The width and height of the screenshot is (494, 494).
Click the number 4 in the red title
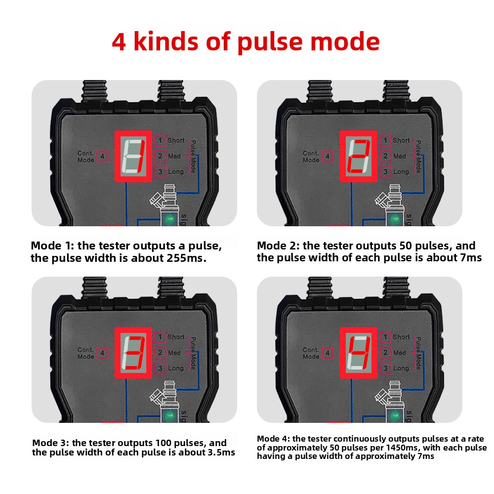(120, 42)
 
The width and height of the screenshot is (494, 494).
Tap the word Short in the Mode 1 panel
(176, 141)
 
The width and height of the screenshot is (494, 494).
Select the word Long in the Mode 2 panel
(401, 172)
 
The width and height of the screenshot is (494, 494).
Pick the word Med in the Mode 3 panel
(175, 353)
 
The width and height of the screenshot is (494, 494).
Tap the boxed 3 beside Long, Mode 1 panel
(160, 172)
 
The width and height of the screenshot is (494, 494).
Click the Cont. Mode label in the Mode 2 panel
(311, 157)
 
